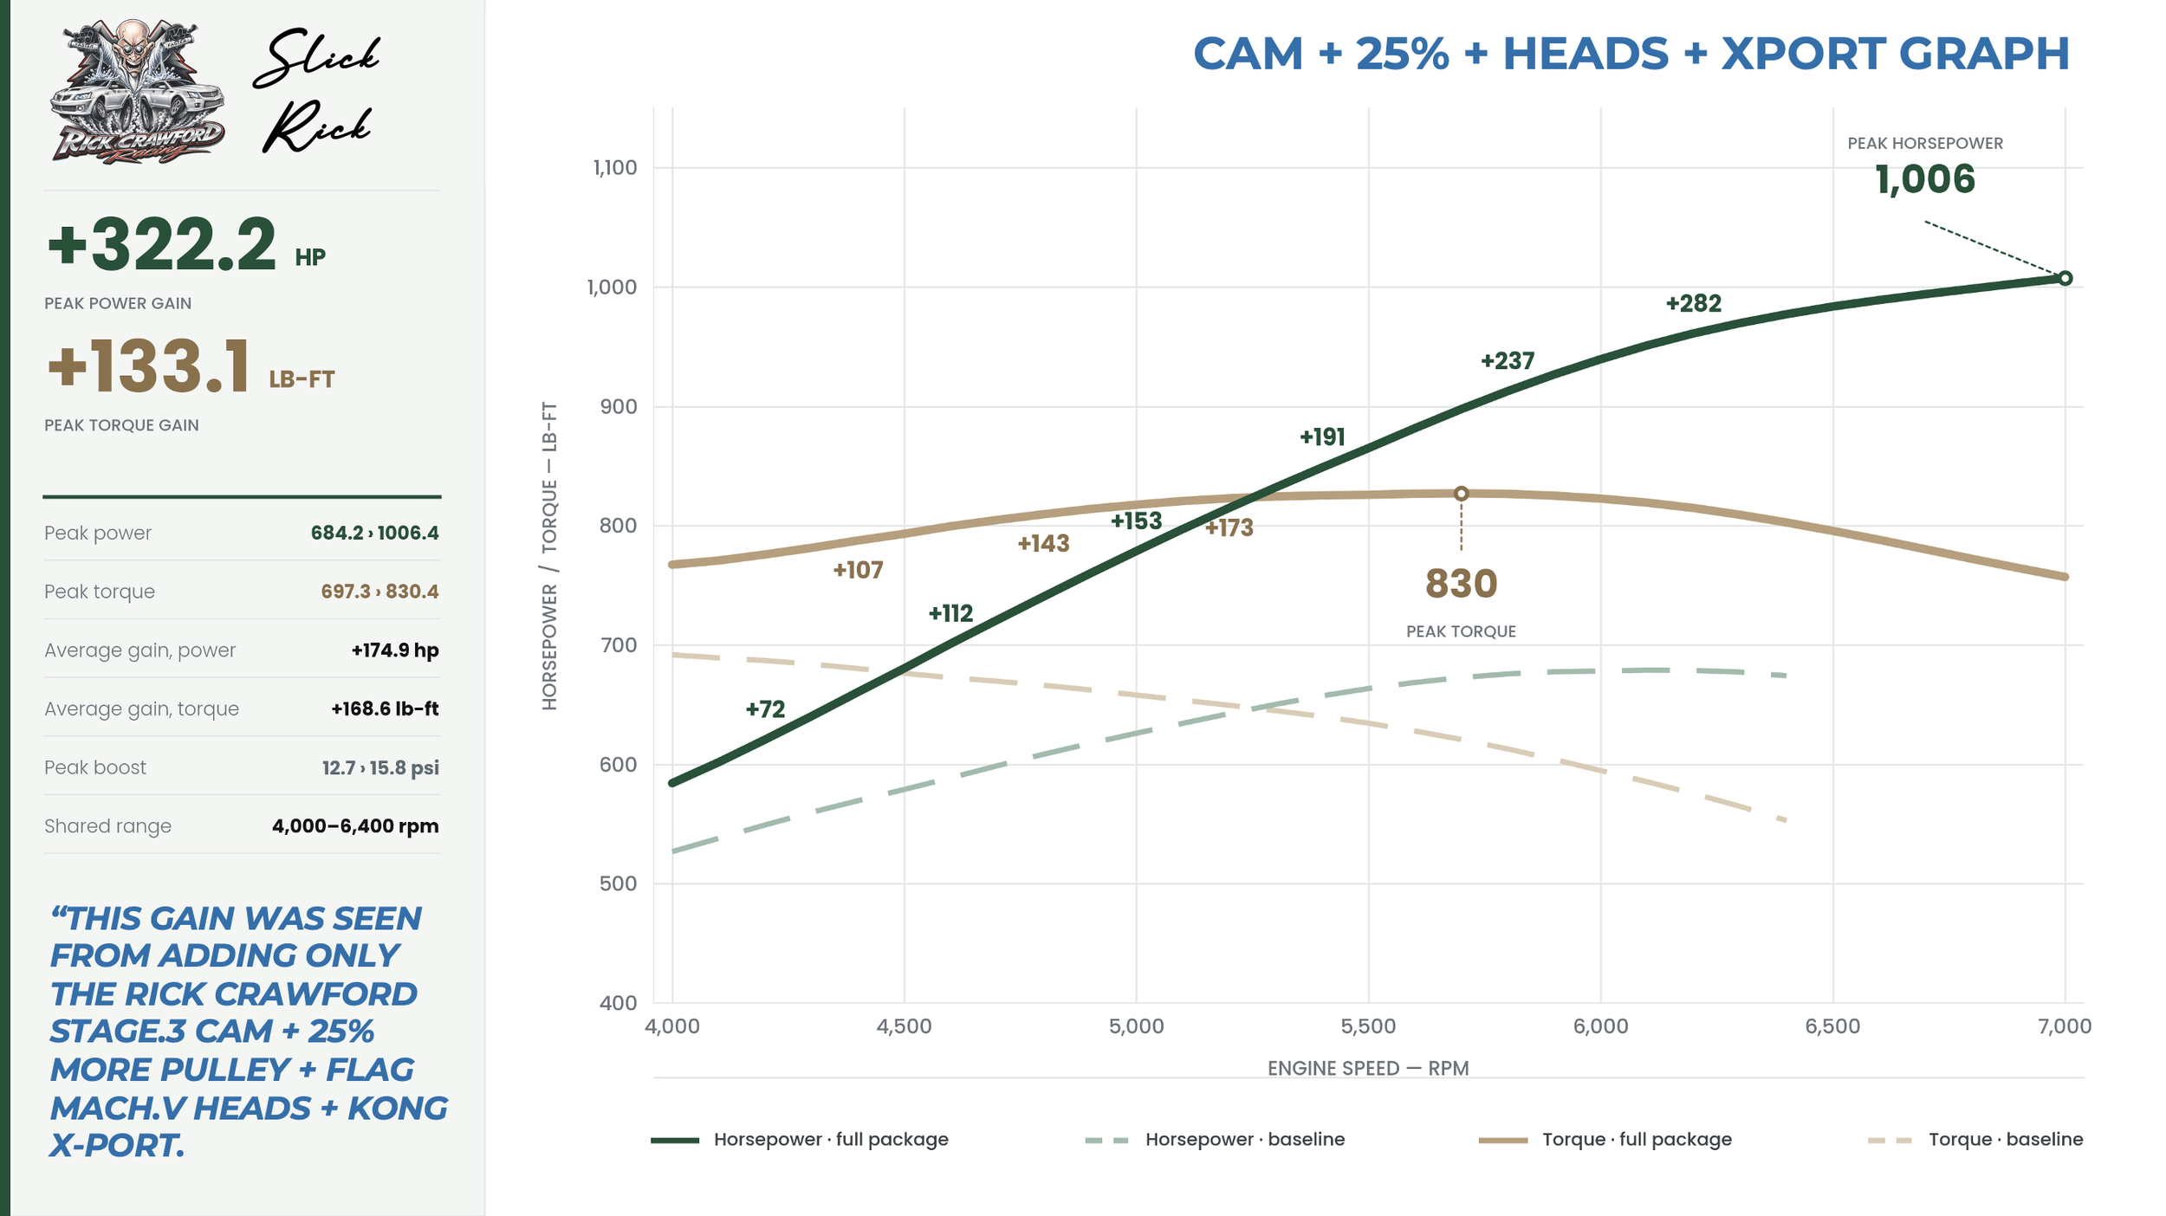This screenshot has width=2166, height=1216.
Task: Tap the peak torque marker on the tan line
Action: point(1461,494)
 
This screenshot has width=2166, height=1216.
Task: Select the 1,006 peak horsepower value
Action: point(1925,179)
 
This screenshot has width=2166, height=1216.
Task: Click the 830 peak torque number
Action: point(1461,584)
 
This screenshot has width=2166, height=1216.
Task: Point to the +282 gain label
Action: point(1693,303)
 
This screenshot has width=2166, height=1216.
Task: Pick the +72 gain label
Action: point(765,709)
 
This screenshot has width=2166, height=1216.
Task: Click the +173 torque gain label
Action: point(1229,527)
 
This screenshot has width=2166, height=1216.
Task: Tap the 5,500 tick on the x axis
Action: point(1368,1026)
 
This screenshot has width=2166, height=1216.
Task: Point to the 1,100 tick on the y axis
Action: point(615,167)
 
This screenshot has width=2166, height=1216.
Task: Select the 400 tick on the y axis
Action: point(618,1003)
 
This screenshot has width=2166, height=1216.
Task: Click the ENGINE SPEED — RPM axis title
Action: point(1368,1068)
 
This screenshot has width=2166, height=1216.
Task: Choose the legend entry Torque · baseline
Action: point(1975,1139)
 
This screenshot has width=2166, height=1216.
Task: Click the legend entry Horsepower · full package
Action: point(800,1139)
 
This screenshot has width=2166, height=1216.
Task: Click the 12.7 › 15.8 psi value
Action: point(380,767)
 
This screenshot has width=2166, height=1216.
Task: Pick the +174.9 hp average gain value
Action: point(395,650)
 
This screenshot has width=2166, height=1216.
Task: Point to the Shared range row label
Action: point(107,826)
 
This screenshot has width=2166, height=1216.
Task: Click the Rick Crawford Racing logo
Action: point(137,91)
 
